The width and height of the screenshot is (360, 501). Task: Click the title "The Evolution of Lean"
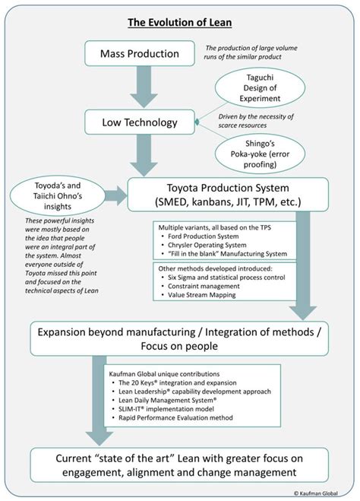pyautogui.click(x=179, y=24)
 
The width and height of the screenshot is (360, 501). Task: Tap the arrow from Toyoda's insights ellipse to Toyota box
pyautogui.click(x=116, y=196)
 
